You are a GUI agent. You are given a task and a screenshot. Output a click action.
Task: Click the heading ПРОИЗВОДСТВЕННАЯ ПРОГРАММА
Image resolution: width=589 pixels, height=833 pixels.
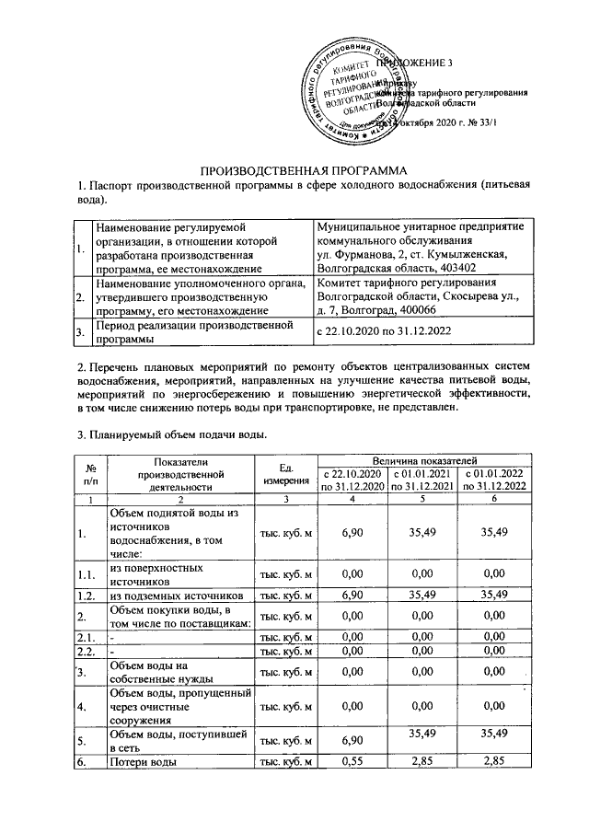tap(304, 169)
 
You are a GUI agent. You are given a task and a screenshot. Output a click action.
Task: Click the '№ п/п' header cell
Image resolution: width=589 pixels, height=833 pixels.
tap(89, 475)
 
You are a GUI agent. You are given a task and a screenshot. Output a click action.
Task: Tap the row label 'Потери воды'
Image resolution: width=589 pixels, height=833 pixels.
tap(147, 761)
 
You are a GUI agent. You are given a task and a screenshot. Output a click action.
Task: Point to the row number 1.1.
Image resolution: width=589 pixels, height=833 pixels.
tap(88, 575)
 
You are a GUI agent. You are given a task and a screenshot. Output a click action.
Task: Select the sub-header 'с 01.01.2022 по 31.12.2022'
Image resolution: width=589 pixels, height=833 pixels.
tap(496, 480)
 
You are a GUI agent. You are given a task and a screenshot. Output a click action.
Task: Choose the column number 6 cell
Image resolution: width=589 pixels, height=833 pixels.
tap(496, 498)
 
